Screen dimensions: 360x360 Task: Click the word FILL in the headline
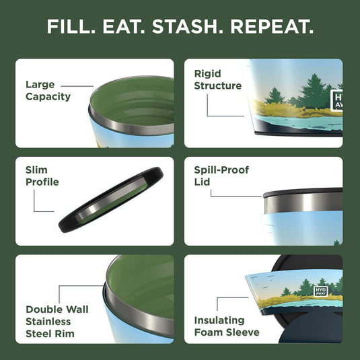tap(70, 28)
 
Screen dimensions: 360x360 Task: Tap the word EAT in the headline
tap(127, 28)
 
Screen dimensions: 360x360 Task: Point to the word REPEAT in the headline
tap(272, 28)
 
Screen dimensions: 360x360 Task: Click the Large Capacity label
tap(48, 91)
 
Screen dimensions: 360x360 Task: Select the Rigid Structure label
tap(217, 79)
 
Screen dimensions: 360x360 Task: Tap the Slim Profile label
tap(42, 176)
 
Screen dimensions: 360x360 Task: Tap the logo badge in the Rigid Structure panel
tap(337, 101)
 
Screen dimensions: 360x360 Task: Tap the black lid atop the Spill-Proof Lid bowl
tap(303, 192)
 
